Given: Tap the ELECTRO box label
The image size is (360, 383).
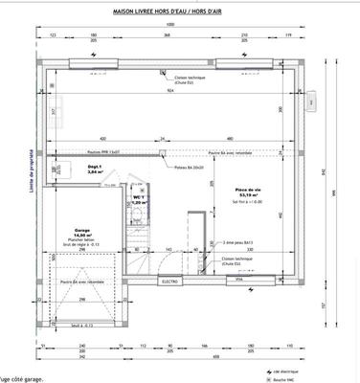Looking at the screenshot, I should pos(170,282).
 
